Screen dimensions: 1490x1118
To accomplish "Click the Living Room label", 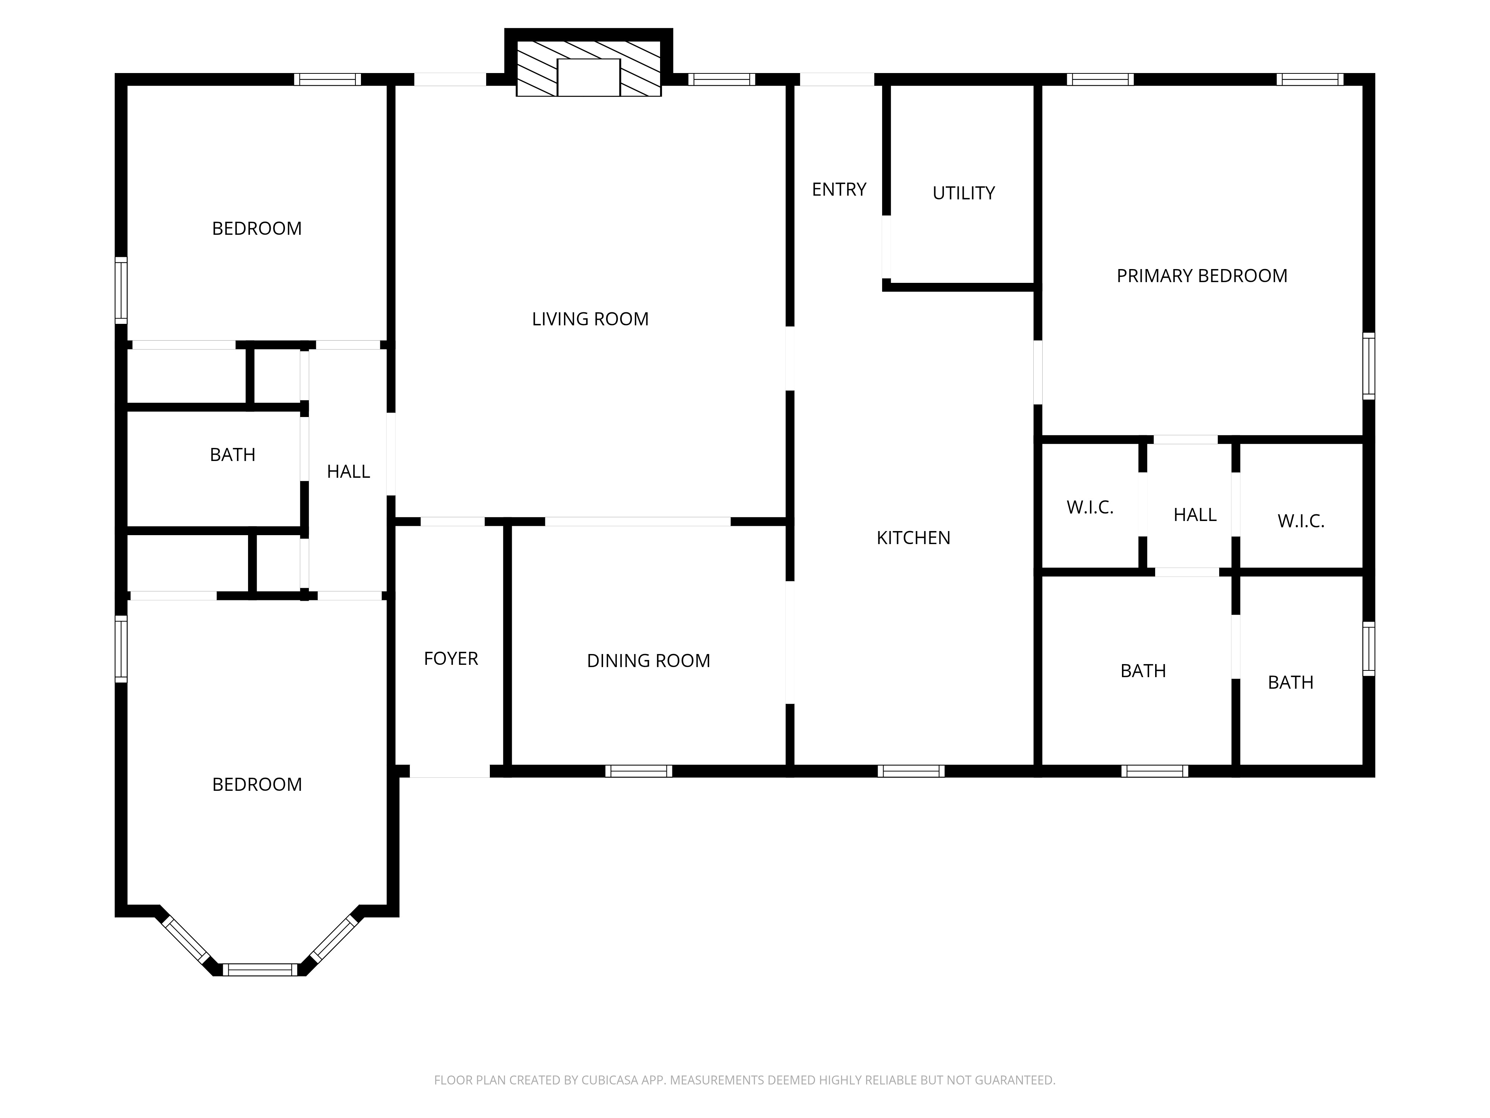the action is point(590,319).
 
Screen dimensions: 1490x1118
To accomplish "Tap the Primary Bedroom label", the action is point(1202,276).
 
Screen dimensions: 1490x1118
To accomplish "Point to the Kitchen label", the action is point(913,538).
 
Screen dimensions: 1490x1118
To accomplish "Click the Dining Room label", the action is point(648,660).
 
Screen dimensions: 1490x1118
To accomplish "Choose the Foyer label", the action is point(451,659).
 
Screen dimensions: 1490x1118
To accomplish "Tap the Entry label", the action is point(838,189).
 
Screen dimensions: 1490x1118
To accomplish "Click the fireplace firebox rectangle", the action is point(589,78).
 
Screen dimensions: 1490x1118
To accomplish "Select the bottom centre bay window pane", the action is point(260,970).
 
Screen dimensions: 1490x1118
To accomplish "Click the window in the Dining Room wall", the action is point(638,771).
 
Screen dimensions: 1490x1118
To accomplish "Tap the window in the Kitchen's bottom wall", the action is point(911,771).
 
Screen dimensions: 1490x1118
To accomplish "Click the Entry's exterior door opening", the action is point(837,79).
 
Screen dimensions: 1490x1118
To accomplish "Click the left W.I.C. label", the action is point(1090,508).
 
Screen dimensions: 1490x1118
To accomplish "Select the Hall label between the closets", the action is point(1195,515).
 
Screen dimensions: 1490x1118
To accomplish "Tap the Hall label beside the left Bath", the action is point(348,472).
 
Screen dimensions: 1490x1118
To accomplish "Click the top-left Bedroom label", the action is point(257,228).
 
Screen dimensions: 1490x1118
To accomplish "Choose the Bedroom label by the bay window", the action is point(257,784).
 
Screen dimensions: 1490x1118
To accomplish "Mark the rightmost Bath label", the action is point(1291,683).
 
